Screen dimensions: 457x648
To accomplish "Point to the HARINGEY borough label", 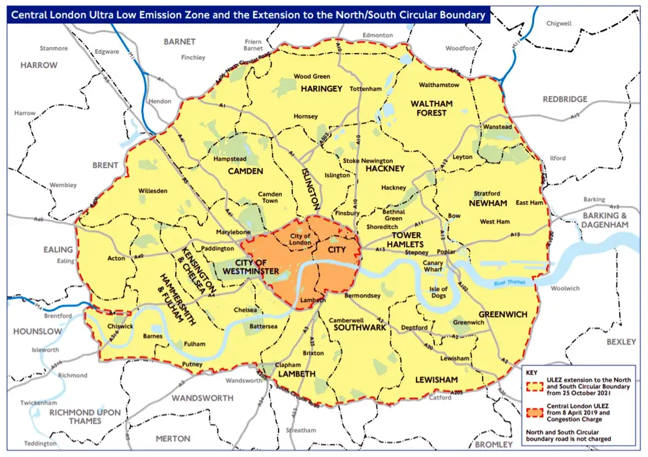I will [321, 89].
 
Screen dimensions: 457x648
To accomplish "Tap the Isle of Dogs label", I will [438, 293].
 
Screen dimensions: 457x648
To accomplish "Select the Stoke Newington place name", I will [368, 161].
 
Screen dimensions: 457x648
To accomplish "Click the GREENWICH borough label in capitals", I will [503, 314].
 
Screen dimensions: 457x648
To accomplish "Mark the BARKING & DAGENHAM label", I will [605, 220].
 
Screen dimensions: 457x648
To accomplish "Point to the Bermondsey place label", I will [362, 295].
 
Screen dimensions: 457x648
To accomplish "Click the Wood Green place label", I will [312, 76].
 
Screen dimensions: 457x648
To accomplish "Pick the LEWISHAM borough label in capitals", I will [436, 380].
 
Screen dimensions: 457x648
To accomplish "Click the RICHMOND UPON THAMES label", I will [85, 416].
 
